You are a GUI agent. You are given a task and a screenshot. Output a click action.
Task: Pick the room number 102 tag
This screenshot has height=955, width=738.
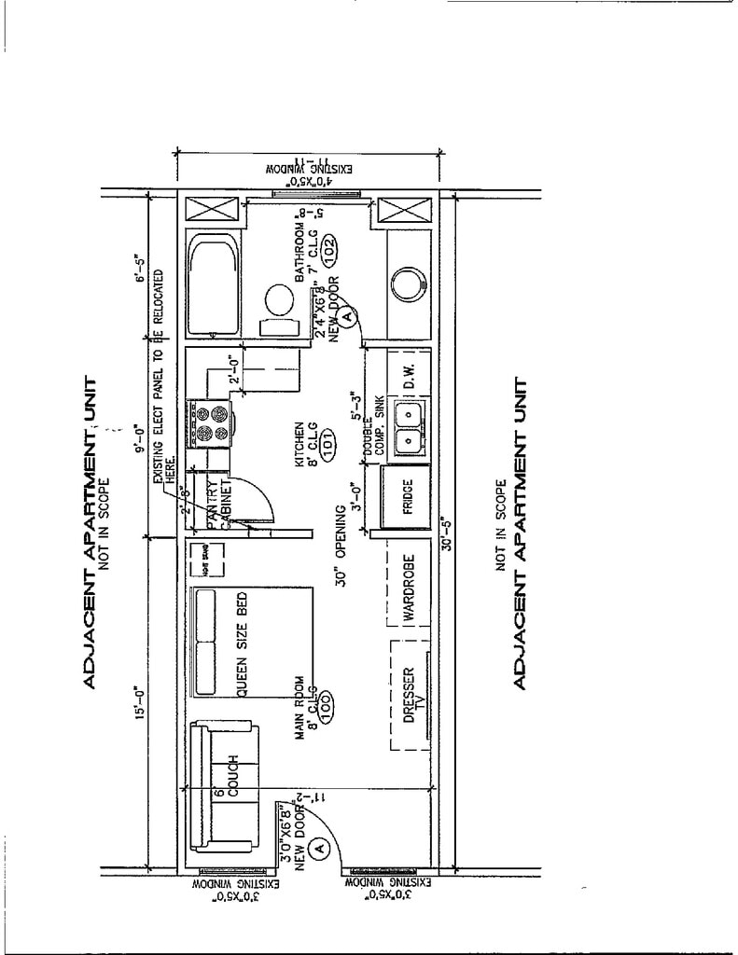pos(330,247)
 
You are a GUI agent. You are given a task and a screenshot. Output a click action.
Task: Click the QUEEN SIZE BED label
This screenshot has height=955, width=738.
pos(239,645)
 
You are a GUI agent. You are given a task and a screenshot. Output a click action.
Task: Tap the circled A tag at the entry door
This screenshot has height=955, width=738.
pos(318,848)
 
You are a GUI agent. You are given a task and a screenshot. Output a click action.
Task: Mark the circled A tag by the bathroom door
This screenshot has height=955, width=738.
pos(348,317)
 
